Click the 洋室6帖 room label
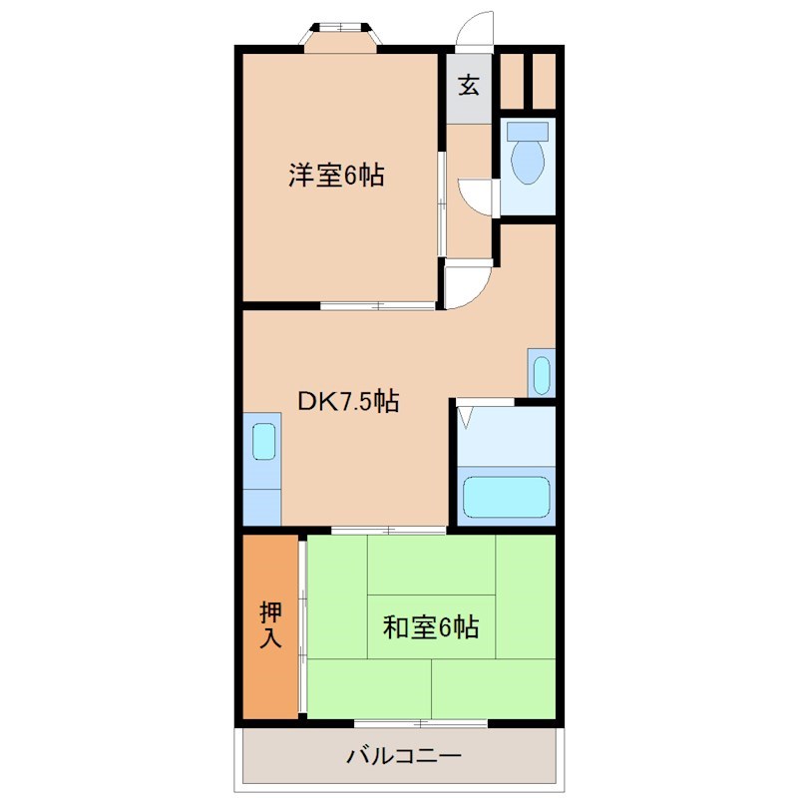(x=337, y=177)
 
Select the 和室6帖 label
(x=431, y=627)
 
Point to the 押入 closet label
(x=270, y=624)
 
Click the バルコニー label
(x=404, y=755)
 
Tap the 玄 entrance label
(x=469, y=86)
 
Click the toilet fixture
(x=527, y=160)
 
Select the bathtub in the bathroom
(x=508, y=496)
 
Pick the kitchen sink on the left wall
(x=263, y=441)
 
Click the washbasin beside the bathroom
(x=540, y=374)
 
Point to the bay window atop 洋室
(x=341, y=34)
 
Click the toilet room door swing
(x=478, y=195)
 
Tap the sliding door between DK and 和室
(x=388, y=530)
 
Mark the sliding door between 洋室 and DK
(x=377, y=305)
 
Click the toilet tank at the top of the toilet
(x=527, y=131)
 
